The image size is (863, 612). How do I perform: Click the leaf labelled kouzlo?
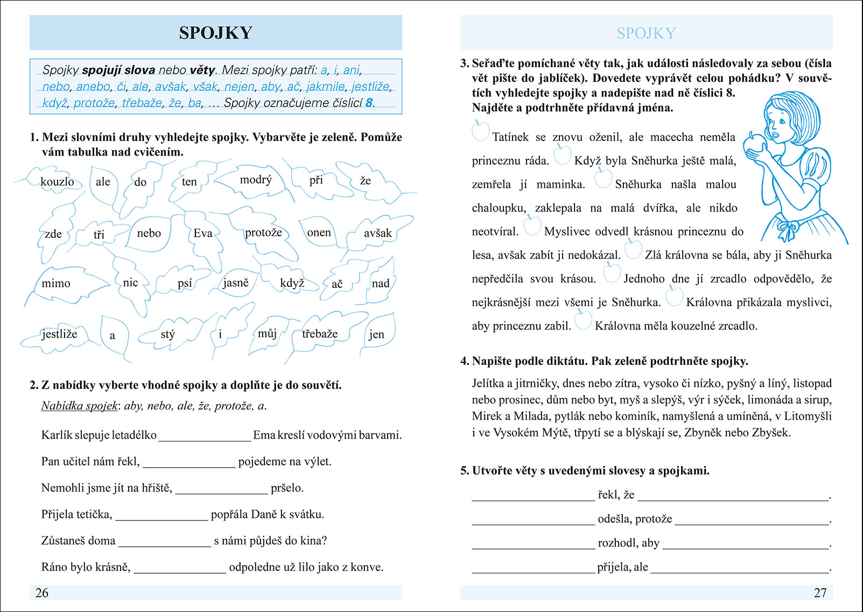pos(57,181)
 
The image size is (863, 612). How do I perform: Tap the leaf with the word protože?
pos(263,233)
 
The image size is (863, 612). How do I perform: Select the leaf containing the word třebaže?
pos(320,334)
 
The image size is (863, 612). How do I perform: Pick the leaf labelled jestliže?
pos(59,334)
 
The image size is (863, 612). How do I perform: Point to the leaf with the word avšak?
pos(377,233)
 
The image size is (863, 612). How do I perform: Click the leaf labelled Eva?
pos(203,233)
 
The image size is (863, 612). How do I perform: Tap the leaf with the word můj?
pos(267,334)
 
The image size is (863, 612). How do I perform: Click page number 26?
pos(42,593)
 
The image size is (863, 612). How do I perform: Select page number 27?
pos(819,593)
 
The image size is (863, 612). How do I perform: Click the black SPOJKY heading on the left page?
pos(215,33)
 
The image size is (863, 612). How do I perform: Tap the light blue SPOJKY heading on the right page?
pos(646,33)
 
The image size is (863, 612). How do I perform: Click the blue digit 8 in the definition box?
pos(369,103)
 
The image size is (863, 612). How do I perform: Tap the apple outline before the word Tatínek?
pos(480,131)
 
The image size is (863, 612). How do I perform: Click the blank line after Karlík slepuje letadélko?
pos(205,437)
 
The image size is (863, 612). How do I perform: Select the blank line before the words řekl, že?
pos(533,496)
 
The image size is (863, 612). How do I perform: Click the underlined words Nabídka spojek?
pos(79,406)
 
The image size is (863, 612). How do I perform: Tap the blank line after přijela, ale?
pos(739,568)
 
